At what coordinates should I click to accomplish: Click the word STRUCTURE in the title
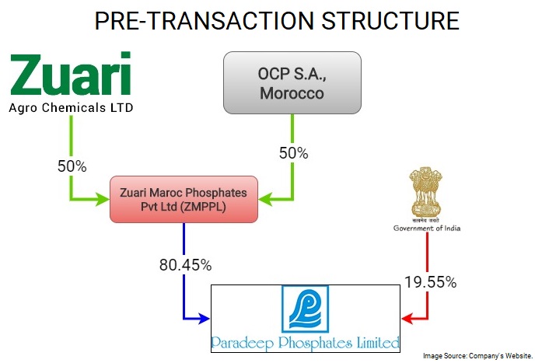(390, 21)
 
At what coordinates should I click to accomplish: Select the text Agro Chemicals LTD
(71, 108)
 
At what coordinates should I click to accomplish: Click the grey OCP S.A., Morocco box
(292, 83)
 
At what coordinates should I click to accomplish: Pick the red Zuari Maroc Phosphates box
(184, 200)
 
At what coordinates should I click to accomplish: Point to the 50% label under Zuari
(72, 166)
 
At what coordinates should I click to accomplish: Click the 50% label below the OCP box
(293, 153)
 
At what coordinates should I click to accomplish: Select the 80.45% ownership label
(185, 265)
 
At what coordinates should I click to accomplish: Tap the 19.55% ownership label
(430, 282)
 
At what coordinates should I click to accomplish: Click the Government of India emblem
(425, 192)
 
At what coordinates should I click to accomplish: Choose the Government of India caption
(427, 229)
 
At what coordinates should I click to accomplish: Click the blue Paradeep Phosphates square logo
(306, 309)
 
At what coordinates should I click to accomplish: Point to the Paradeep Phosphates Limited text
(306, 343)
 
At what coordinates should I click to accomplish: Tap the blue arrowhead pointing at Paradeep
(204, 319)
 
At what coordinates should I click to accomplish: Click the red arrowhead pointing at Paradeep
(407, 319)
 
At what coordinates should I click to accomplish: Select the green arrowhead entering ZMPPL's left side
(103, 199)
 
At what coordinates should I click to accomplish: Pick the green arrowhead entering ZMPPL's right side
(265, 199)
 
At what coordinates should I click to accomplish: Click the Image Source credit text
(477, 356)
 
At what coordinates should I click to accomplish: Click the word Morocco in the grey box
(292, 93)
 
